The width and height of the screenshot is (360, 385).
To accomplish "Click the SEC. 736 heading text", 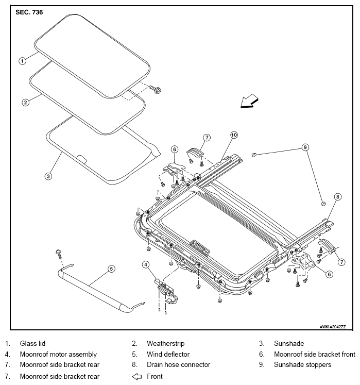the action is (29, 12).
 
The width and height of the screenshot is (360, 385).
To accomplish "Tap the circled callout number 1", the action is (22, 61).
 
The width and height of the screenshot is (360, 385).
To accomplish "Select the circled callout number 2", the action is (26, 103).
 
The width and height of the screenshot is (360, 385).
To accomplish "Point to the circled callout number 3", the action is (48, 176).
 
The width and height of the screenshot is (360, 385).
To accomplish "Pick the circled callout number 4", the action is (146, 265).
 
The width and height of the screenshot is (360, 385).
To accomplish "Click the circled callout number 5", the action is (111, 269).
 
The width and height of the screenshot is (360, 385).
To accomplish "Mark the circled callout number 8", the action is (338, 197).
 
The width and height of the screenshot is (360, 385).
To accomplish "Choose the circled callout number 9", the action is (305, 147).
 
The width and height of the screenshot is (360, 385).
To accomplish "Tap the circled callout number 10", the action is (234, 135).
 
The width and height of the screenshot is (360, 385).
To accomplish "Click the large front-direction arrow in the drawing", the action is (249, 102).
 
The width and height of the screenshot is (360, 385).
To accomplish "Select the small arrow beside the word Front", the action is (137, 376).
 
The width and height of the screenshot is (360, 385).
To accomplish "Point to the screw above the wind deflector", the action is (59, 254).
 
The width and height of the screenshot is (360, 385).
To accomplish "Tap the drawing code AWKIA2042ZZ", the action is (333, 327).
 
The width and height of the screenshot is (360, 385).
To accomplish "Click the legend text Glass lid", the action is (32, 343).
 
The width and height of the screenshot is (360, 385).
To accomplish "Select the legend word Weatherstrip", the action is (166, 343).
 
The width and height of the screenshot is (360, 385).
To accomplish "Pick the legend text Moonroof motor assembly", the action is (58, 354).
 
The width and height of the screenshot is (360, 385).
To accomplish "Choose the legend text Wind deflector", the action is (168, 354).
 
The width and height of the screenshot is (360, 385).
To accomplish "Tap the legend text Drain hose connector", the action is (178, 364).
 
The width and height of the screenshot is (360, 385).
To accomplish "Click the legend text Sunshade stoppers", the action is (303, 365).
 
